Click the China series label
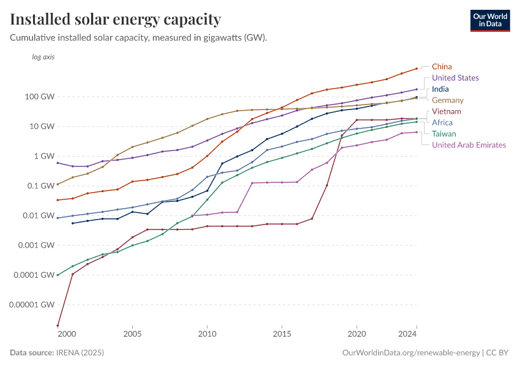442,67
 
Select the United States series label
455,78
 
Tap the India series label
440,89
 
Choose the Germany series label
447,100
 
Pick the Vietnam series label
446,111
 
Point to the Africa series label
442,122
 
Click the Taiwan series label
444,133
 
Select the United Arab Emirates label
469,145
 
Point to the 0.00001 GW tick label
32,305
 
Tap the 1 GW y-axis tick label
45,156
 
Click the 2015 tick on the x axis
282,334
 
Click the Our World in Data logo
489,20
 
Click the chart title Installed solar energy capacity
116,20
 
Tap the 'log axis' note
43,57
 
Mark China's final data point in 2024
417,69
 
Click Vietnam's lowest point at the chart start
58,326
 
